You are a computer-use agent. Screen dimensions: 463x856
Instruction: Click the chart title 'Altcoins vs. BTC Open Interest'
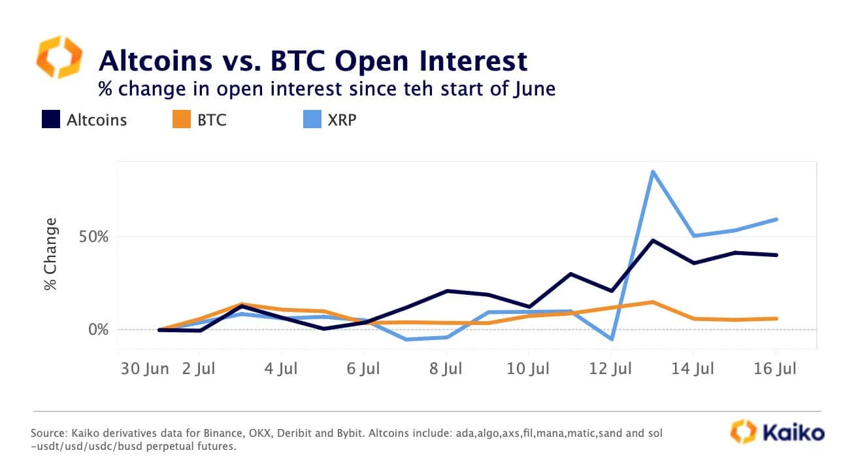[312, 61]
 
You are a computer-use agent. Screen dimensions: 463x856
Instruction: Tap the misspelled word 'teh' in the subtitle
[411, 88]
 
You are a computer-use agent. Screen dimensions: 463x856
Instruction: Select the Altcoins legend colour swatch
[50, 120]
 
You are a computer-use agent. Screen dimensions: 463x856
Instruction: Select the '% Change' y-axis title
[50, 255]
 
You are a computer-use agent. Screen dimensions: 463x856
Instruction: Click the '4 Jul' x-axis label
[282, 369]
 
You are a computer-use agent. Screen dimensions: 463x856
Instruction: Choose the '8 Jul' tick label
[446, 369]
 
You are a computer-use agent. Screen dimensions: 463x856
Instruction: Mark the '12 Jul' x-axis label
[610, 369]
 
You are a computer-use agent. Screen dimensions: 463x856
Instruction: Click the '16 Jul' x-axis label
[775, 369]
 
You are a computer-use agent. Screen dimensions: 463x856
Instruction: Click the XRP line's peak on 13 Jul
[651, 172]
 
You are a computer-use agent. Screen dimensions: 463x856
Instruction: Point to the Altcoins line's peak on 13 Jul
[651, 241]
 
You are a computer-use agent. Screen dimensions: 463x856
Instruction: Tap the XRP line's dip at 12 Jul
[611, 339]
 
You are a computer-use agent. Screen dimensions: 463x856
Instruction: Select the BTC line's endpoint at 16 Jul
[776, 318]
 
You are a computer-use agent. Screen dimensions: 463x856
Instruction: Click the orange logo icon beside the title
[59, 58]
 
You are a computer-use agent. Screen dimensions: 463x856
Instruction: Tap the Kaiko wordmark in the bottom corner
[792, 432]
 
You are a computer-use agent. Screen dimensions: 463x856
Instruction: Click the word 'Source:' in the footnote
[48, 434]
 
